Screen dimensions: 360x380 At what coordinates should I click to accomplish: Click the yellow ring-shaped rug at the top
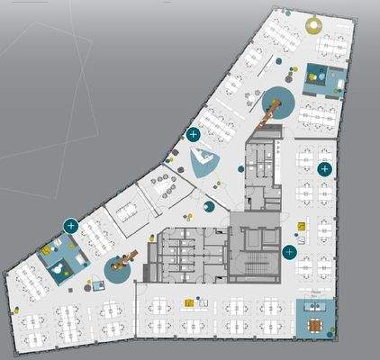click(x=314, y=23)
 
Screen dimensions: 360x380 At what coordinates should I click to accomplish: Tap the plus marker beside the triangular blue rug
click(x=192, y=135)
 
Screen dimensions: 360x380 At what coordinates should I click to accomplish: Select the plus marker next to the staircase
click(x=289, y=252)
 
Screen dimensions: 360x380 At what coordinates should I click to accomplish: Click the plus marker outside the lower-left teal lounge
click(x=69, y=224)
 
